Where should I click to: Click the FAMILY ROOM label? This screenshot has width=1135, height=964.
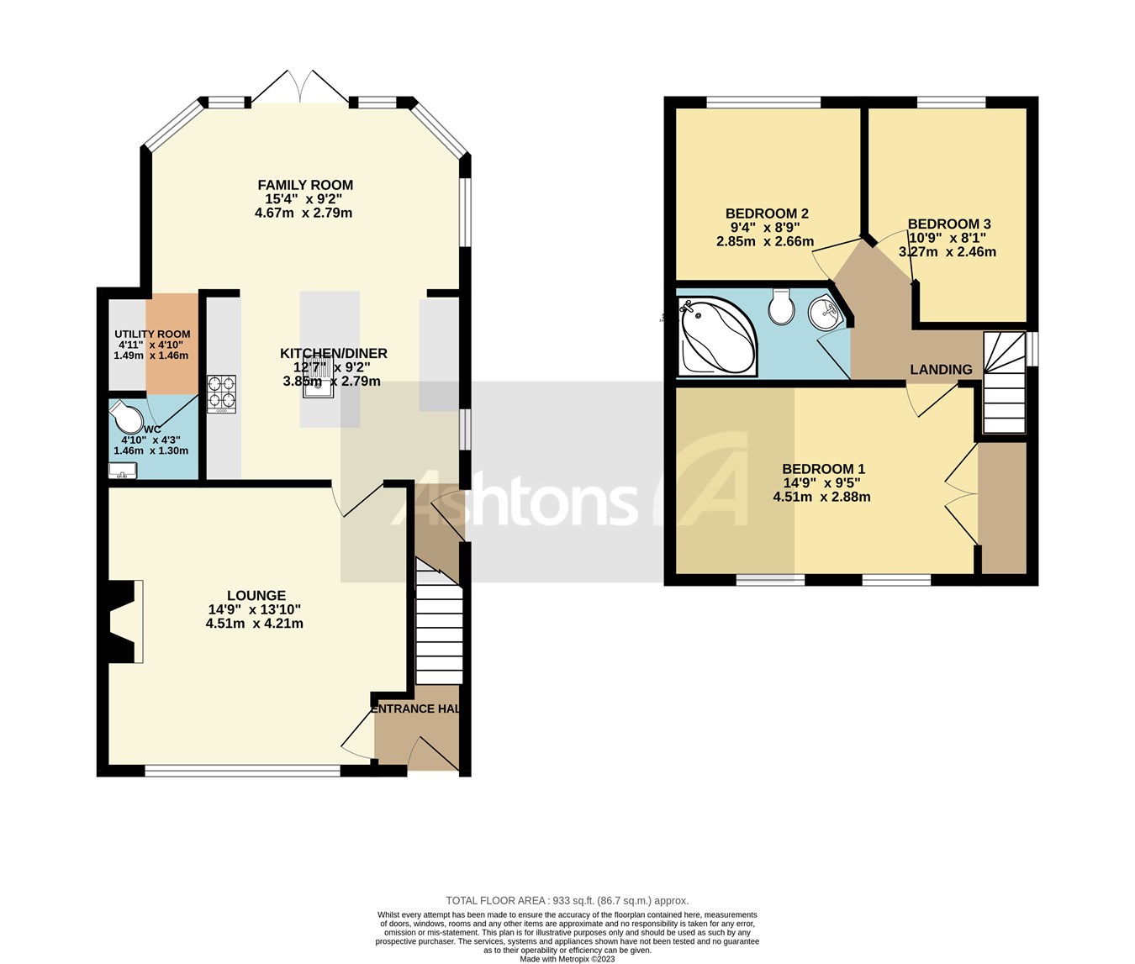304,185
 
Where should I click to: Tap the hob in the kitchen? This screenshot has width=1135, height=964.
221,393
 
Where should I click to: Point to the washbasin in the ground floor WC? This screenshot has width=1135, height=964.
122,471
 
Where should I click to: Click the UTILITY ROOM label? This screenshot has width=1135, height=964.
152,335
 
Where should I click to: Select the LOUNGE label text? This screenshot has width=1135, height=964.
256,595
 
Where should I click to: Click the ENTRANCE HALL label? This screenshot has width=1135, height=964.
415,709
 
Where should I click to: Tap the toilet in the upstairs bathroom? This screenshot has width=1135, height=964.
781,308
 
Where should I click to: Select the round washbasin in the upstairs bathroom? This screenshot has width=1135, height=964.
823,314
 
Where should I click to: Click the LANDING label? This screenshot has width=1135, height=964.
941,370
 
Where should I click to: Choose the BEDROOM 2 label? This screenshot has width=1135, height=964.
767,213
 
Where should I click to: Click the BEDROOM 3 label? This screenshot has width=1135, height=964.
948,224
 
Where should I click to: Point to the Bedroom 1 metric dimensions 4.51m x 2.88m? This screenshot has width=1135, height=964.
821,497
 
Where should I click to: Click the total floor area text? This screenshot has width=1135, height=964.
567,900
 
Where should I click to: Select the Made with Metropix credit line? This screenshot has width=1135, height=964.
567,958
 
